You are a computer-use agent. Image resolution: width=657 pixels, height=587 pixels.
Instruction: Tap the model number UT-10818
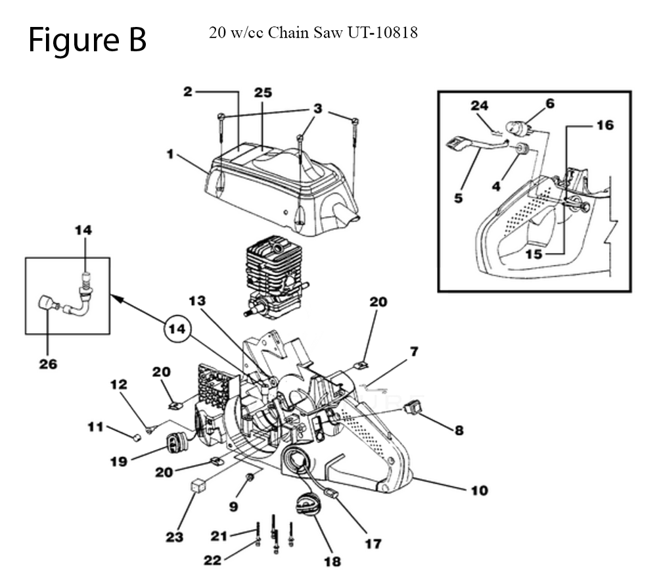[x=384, y=32]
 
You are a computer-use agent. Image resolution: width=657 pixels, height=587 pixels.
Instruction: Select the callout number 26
[x=48, y=363]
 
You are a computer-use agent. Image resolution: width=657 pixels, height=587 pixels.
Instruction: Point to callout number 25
[x=263, y=93]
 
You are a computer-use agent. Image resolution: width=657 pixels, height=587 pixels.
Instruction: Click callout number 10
[x=479, y=490]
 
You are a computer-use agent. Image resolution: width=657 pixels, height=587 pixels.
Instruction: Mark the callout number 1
[x=170, y=155]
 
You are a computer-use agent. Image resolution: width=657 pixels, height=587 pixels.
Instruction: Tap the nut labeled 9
[x=250, y=476]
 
